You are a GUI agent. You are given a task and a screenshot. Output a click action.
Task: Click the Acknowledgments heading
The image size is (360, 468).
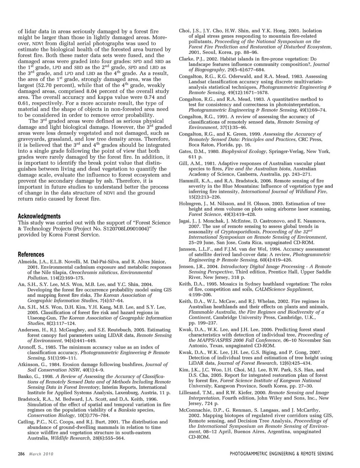[39, 216]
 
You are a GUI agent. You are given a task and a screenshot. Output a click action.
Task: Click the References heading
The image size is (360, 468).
[31, 254]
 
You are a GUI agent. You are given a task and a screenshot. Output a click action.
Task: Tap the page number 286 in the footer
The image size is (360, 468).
[21, 454]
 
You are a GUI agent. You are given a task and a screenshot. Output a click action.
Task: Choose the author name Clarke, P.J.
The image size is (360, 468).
[191, 59]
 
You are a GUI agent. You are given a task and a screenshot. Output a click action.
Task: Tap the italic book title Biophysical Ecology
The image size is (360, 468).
[243, 151]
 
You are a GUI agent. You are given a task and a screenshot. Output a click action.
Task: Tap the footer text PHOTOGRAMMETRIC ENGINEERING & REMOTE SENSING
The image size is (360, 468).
[281, 454]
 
